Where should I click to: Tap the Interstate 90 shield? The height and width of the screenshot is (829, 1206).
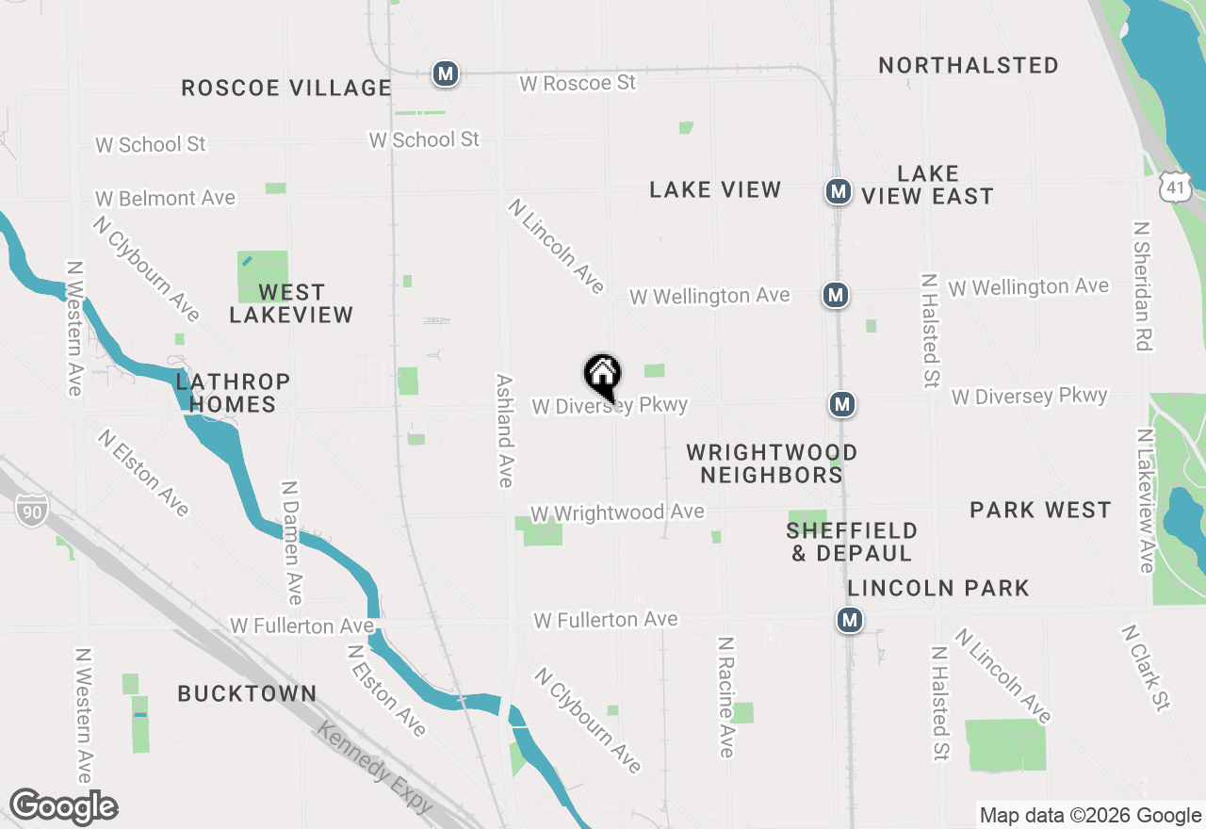click(30, 512)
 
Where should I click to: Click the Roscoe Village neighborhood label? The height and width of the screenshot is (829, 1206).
click(286, 89)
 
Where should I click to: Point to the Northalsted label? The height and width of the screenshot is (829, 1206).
click(969, 66)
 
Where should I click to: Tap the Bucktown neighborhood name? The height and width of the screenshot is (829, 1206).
click(248, 694)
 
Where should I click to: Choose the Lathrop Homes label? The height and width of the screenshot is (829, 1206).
click(233, 393)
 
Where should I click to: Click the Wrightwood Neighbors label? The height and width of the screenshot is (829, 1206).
click(772, 463)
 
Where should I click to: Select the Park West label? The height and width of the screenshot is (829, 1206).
click(1040, 511)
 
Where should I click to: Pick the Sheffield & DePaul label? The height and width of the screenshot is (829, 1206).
click(852, 542)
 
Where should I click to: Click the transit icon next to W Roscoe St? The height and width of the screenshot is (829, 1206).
click(446, 73)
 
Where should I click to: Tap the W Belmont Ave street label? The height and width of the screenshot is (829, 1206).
click(165, 199)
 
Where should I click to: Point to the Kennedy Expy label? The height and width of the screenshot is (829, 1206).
click(374, 768)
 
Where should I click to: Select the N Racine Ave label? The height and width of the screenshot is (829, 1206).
click(725, 697)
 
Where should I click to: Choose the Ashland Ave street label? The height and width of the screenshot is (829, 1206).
click(505, 431)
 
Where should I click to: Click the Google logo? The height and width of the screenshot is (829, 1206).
click(64, 806)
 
